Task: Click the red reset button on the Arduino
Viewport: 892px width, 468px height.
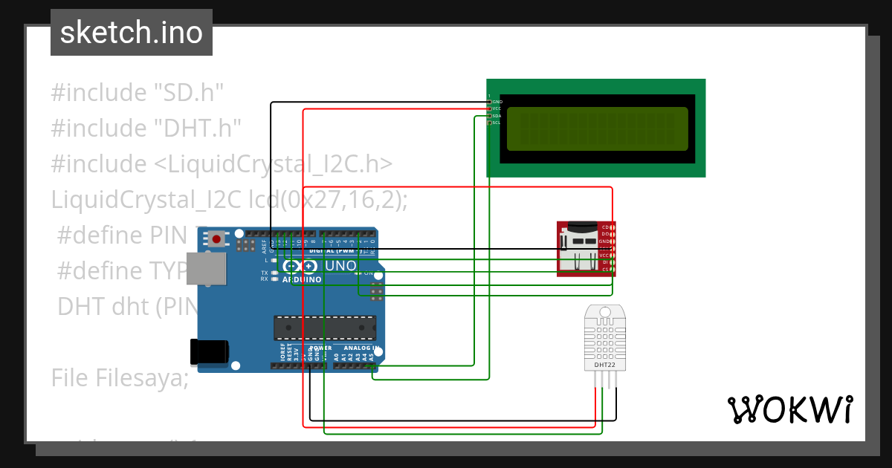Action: [216, 238]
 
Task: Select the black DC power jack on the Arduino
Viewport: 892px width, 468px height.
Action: [208, 352]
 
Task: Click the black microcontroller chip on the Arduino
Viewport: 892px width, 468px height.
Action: [324, 328]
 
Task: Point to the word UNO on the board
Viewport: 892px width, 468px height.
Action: [341, 265]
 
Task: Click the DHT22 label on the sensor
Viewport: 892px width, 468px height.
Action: [604, 365]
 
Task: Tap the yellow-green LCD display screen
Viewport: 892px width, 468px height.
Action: [598, 129]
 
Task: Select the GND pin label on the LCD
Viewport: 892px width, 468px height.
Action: [497, 102]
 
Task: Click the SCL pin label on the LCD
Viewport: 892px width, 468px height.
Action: [497, 123]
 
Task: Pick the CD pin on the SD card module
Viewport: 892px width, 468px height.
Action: [605, 227]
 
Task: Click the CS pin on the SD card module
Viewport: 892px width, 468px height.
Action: [605, 269]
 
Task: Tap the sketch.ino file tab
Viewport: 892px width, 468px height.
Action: [132, 33]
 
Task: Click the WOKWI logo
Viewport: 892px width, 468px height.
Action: [789, 409]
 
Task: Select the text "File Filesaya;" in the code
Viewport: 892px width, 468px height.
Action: [120, 378]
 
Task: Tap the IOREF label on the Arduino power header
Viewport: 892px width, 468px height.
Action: [282, 352]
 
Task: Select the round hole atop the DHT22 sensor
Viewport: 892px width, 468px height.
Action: [604, 312]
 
